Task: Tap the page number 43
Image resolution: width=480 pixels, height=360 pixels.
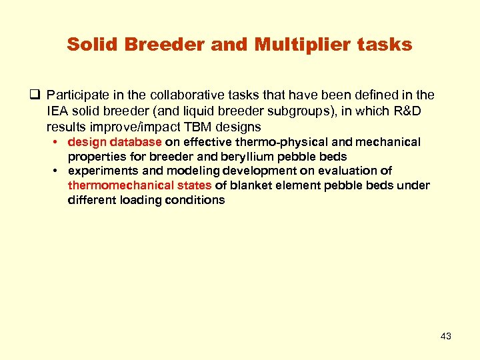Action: [x=446, y=336]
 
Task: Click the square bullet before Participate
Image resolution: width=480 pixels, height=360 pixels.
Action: [x=35, y=97]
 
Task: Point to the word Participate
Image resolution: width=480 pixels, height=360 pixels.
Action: [x=75, y=97]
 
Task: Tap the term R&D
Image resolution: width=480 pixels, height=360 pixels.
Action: [x=403, y=112]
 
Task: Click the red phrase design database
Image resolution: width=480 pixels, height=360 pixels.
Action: [x=115, y=142]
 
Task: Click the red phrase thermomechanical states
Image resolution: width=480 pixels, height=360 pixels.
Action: [x=139, y=185]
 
